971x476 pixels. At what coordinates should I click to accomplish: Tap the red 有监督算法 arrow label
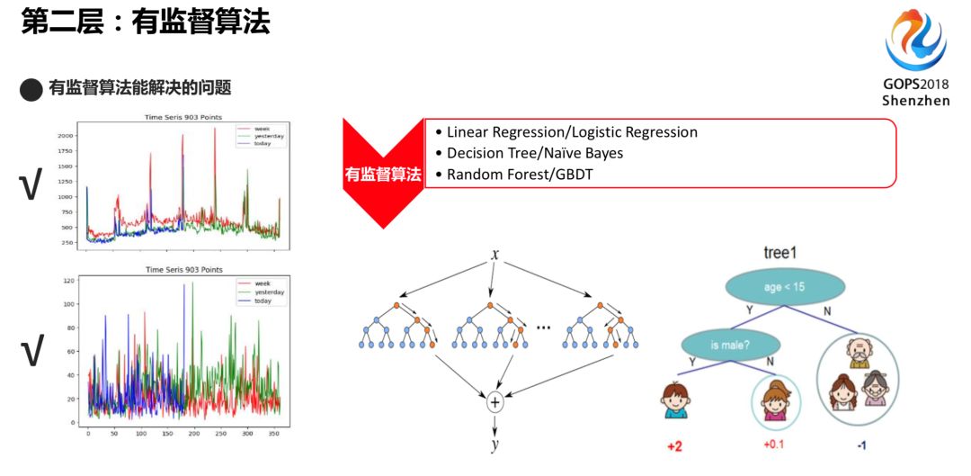(382, 174)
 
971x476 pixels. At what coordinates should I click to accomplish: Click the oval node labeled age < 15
(786, 287)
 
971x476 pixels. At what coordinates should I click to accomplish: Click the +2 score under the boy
(676, 446)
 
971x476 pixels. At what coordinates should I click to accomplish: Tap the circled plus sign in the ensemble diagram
(494, 402)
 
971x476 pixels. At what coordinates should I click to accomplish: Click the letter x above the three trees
(494, 255)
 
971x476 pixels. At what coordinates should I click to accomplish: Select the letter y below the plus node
(494, 445)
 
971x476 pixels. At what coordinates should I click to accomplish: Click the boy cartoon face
(676, 400)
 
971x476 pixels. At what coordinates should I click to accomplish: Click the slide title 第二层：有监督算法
(145, 22)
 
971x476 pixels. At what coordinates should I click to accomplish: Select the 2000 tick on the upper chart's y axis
(66, 135)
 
